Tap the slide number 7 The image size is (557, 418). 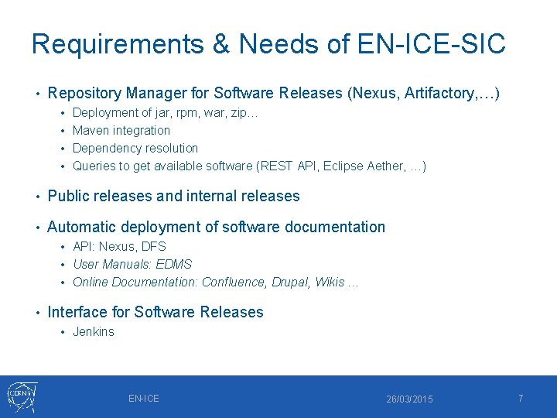tap(521, 398)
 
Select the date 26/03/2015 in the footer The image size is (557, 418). tap(410, 399)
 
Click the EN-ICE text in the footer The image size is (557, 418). tap(144, 398)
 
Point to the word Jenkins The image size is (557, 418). tap(93, 331)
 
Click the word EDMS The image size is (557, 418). tap(174, 264)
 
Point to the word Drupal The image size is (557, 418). tap(289, 282)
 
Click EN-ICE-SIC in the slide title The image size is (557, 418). tap(431, 43)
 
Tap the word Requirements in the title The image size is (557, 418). tap(117, 43)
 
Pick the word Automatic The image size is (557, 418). tap(81, 227)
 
